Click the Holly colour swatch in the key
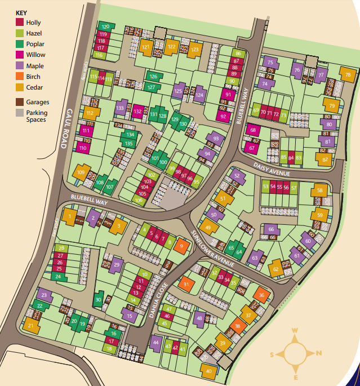20,23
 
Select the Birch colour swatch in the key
20,77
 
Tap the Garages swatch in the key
20,102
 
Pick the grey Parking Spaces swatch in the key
20,113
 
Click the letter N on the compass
318,353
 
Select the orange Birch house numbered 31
186,285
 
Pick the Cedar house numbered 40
208,371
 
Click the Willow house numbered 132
138,112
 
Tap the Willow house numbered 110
83,148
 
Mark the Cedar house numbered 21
30,325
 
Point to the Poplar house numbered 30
99,300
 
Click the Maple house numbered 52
237,176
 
